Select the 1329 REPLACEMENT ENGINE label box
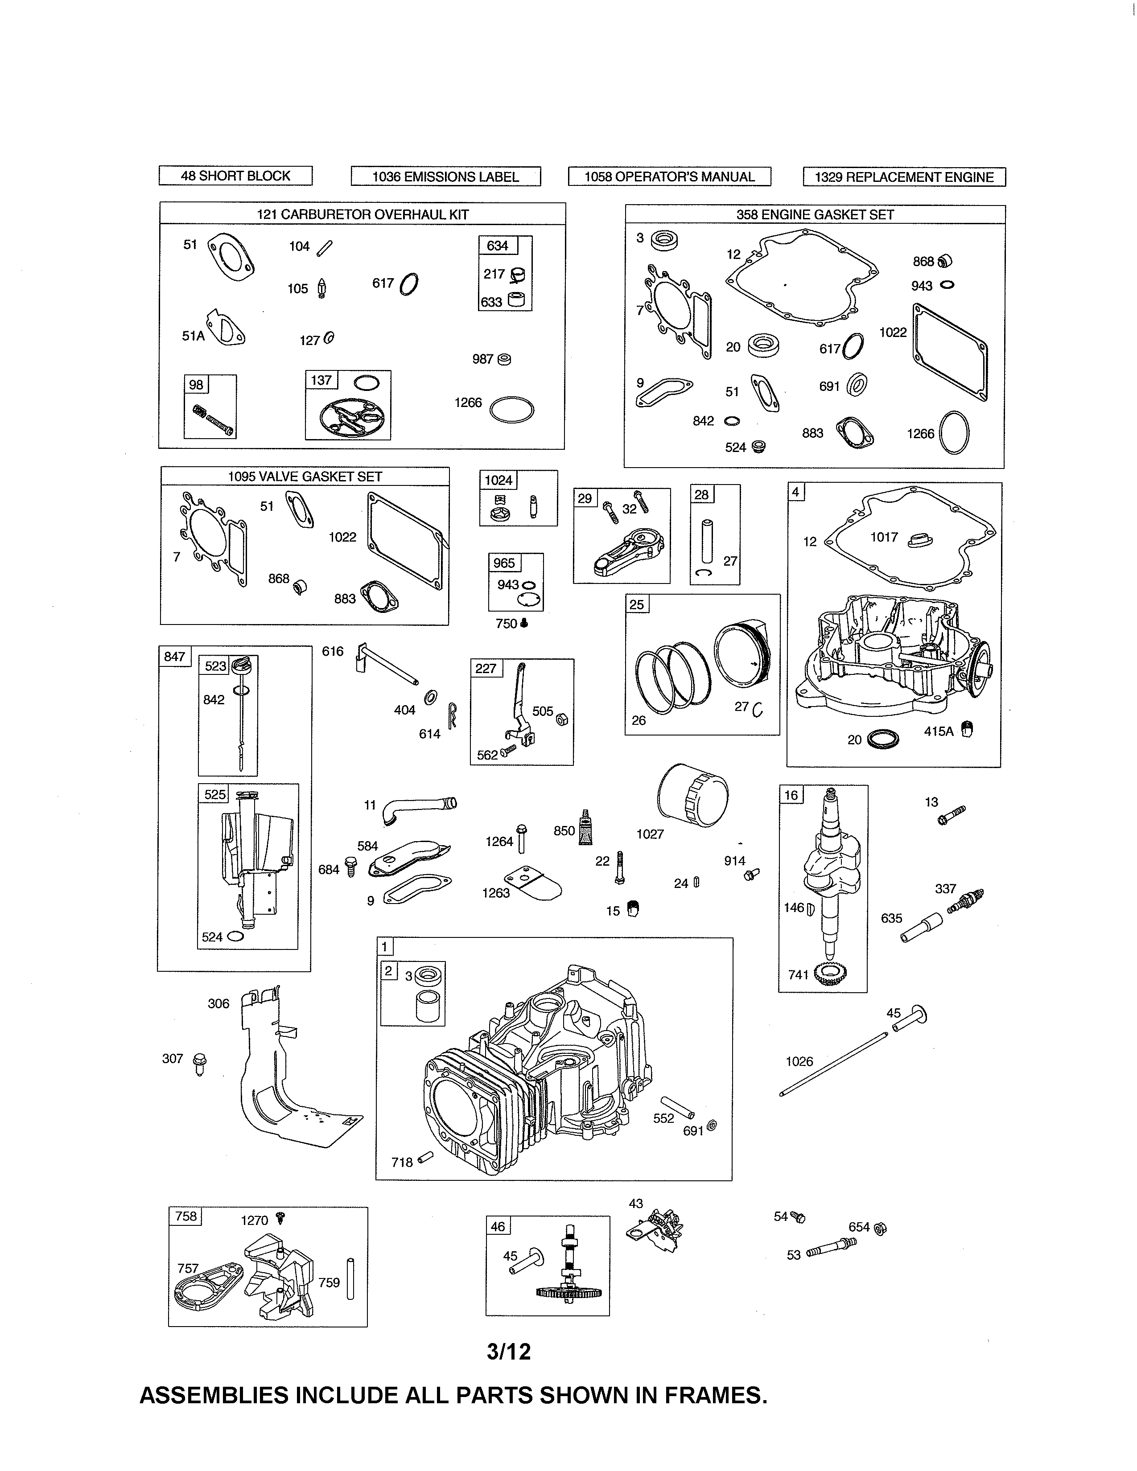point(904,177)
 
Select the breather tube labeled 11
point(418,808)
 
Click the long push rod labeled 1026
point(835,1064)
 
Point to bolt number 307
point(199,1064)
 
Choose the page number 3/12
point(509,1351)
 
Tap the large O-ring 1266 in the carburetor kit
point(512,410)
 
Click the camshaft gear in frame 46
point(570,1293)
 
